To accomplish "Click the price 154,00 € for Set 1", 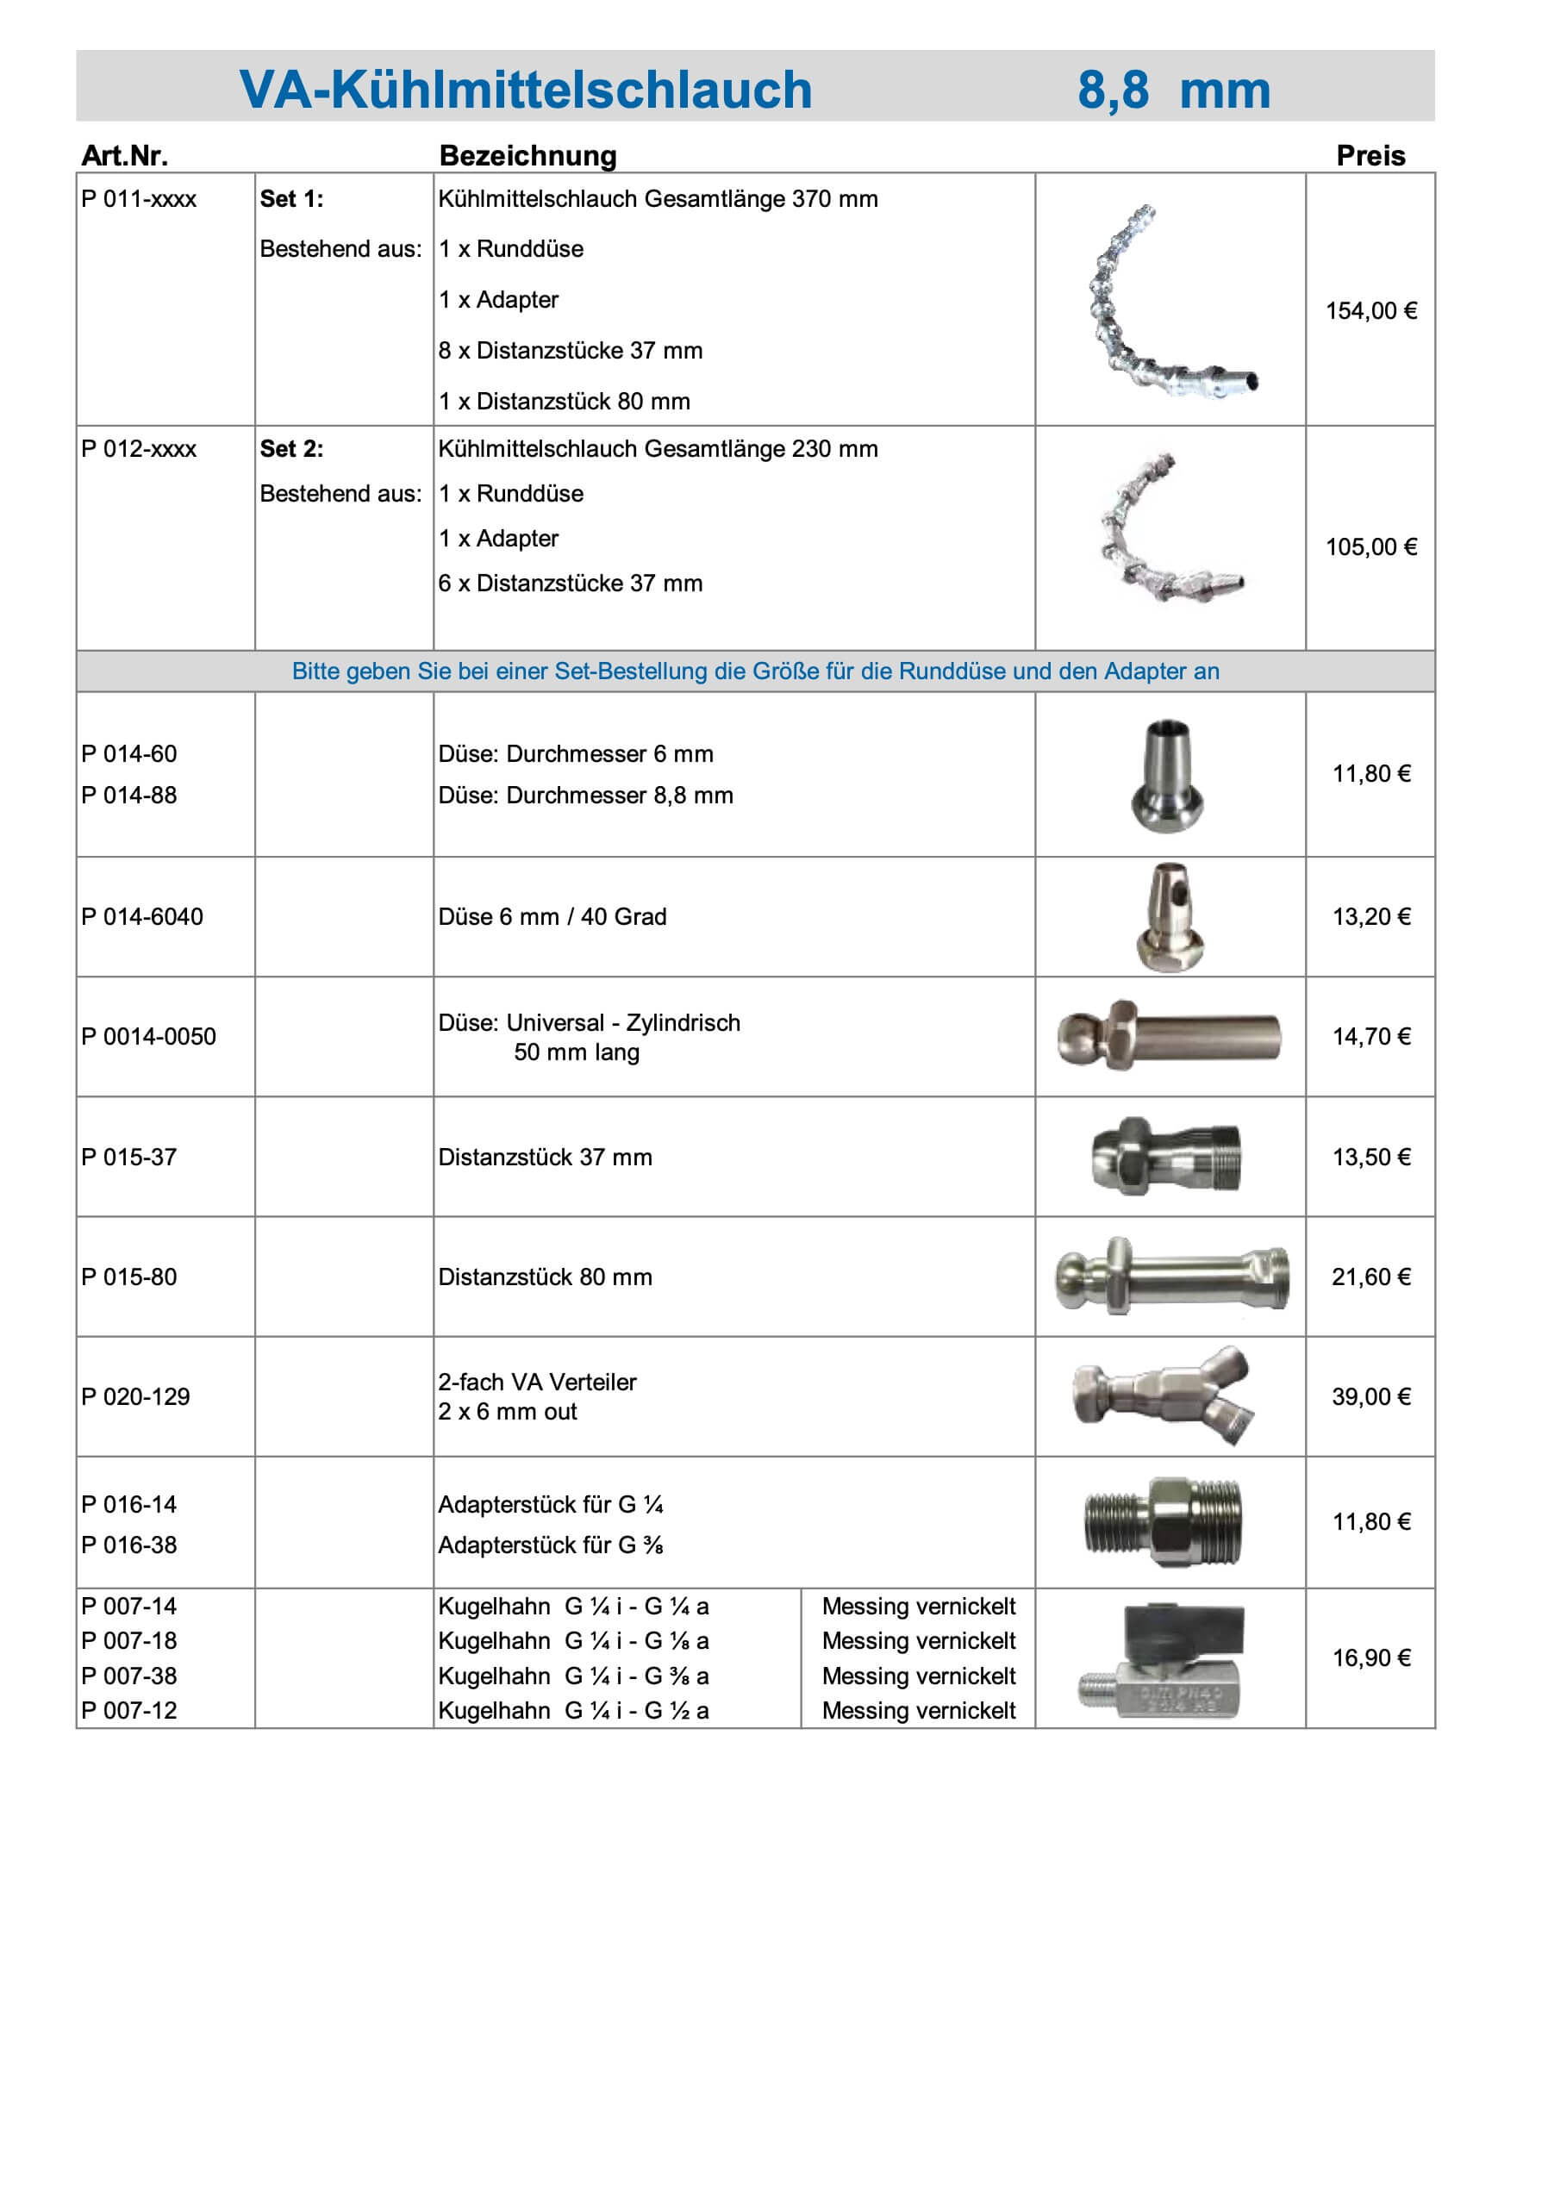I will [x=1370, y=311].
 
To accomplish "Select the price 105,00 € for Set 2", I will [x=1370, y=546].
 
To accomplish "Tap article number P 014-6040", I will [x=142, y=917].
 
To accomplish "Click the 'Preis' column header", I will [x=1370, y=155].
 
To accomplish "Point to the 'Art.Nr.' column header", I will [x=124, y=155].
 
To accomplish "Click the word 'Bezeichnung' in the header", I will [x=527, y=155].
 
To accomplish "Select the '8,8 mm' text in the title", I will [x=1173, y=91].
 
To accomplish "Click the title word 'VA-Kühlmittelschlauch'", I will [x=525, y=91].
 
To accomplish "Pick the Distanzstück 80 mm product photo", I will [x=1172, y=1277].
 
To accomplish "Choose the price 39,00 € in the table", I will [x=1370, y=1397].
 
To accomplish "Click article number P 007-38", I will [x=128, y=1676].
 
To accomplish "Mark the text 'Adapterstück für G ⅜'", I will [x=551, y=1545].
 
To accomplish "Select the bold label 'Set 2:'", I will [x=291, y=449].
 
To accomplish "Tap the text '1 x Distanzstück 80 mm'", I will [x=564, y=402].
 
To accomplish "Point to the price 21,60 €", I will [x=1370, y=1277].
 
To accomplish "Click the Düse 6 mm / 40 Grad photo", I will [x=1170, y=917].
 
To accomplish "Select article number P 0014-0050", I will [x=149, y=1037].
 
